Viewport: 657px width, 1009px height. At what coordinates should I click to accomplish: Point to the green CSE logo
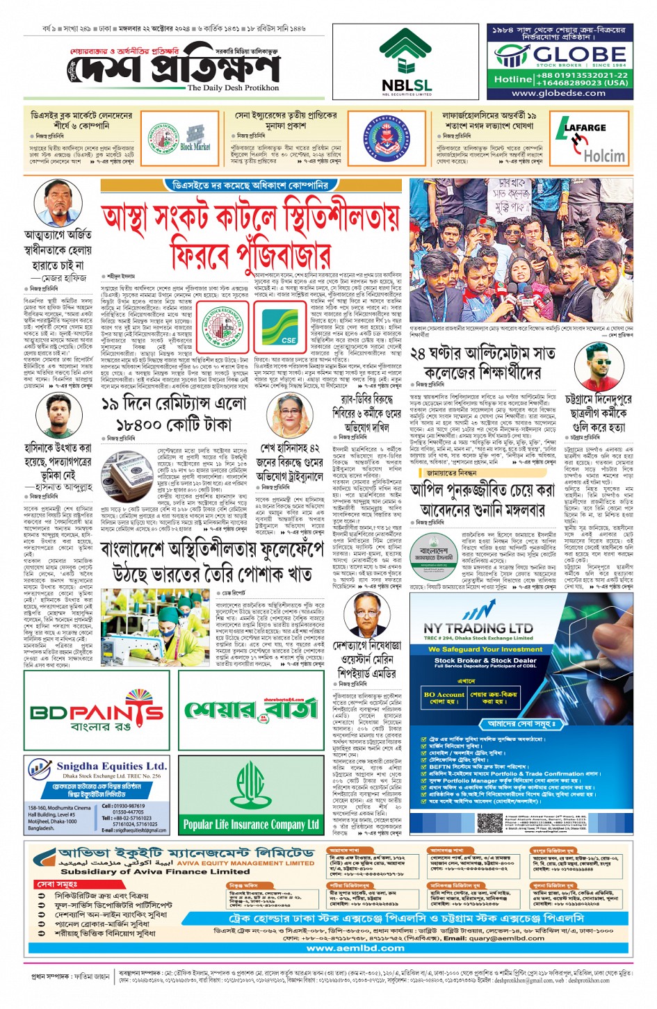pyautogui.click(x=287, y=326)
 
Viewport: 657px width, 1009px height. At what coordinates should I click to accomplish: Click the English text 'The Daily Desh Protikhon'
pyautogui.click(x=233, y=88)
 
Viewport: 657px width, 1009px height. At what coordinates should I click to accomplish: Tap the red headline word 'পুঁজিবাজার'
pyautogui.click(x=251, y=252)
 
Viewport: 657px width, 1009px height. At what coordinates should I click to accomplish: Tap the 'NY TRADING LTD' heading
pyautogui.click(x=478, y=627)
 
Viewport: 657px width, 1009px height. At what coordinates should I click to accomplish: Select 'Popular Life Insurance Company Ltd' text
pyautogui.click(x=251, y=825)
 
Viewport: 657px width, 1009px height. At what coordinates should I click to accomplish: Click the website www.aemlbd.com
pyautogui.click(x=355, y=948)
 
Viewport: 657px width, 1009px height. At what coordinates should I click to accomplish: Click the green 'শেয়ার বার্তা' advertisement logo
pyautogui.click(x=251, y=709)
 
